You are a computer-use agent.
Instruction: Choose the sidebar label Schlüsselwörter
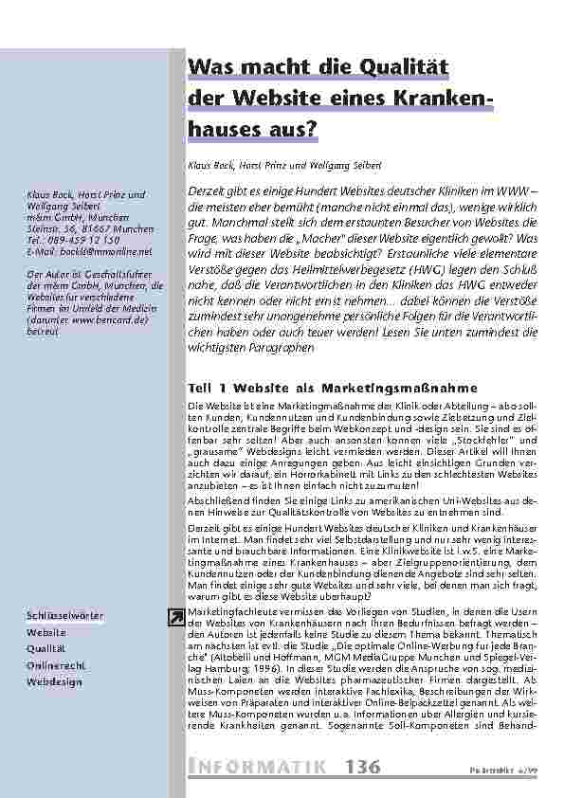point(64,617)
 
